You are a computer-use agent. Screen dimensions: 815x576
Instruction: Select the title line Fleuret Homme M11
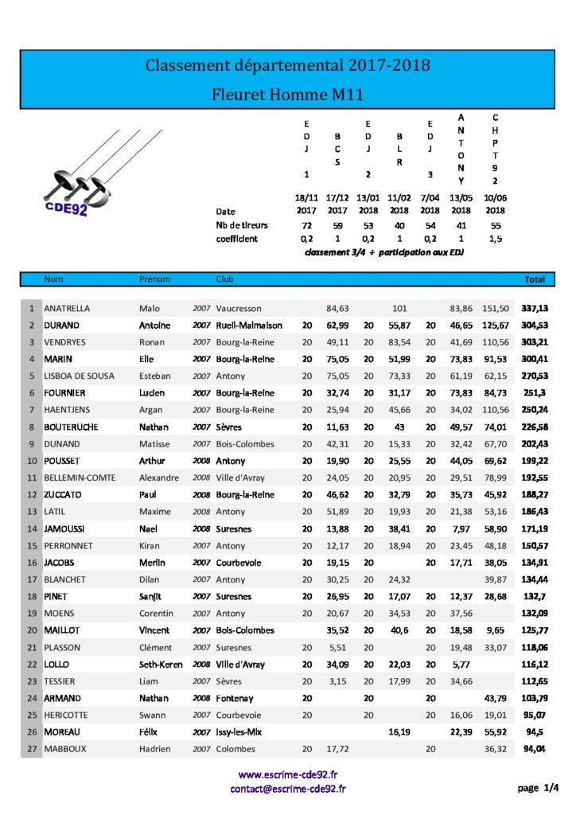pyautogui.click(x=287, y=94)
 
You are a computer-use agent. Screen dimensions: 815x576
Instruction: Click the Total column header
pyautogui.click(x=534, y=279)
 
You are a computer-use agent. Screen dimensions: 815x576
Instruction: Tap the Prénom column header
pyautogui.click(x=154, y=279)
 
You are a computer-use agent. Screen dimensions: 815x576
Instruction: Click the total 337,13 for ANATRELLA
pyautogui.click(x=534, y=308)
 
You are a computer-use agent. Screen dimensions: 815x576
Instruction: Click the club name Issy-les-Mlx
pyautogui.click(x=242, y=731)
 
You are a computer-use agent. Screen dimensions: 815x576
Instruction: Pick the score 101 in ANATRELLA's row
pyautogui.click(x=399, y=308)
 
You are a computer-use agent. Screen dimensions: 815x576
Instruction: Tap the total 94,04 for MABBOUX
pyautogui.click(x=534, y=748)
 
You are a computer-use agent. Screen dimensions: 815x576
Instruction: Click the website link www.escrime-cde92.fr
pyautogui.click(x=288, y=774)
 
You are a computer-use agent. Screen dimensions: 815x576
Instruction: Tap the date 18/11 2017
pyautogui.click(x=306, y=205)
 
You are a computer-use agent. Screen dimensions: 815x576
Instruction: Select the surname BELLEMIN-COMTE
pyautogui.click(x=80, y=478)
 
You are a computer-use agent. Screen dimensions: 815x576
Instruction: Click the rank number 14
pyautogui.click(x=31, y=528)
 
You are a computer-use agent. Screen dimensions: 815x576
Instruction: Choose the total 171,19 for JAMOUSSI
pyautogui.click(x=534, y=528)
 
